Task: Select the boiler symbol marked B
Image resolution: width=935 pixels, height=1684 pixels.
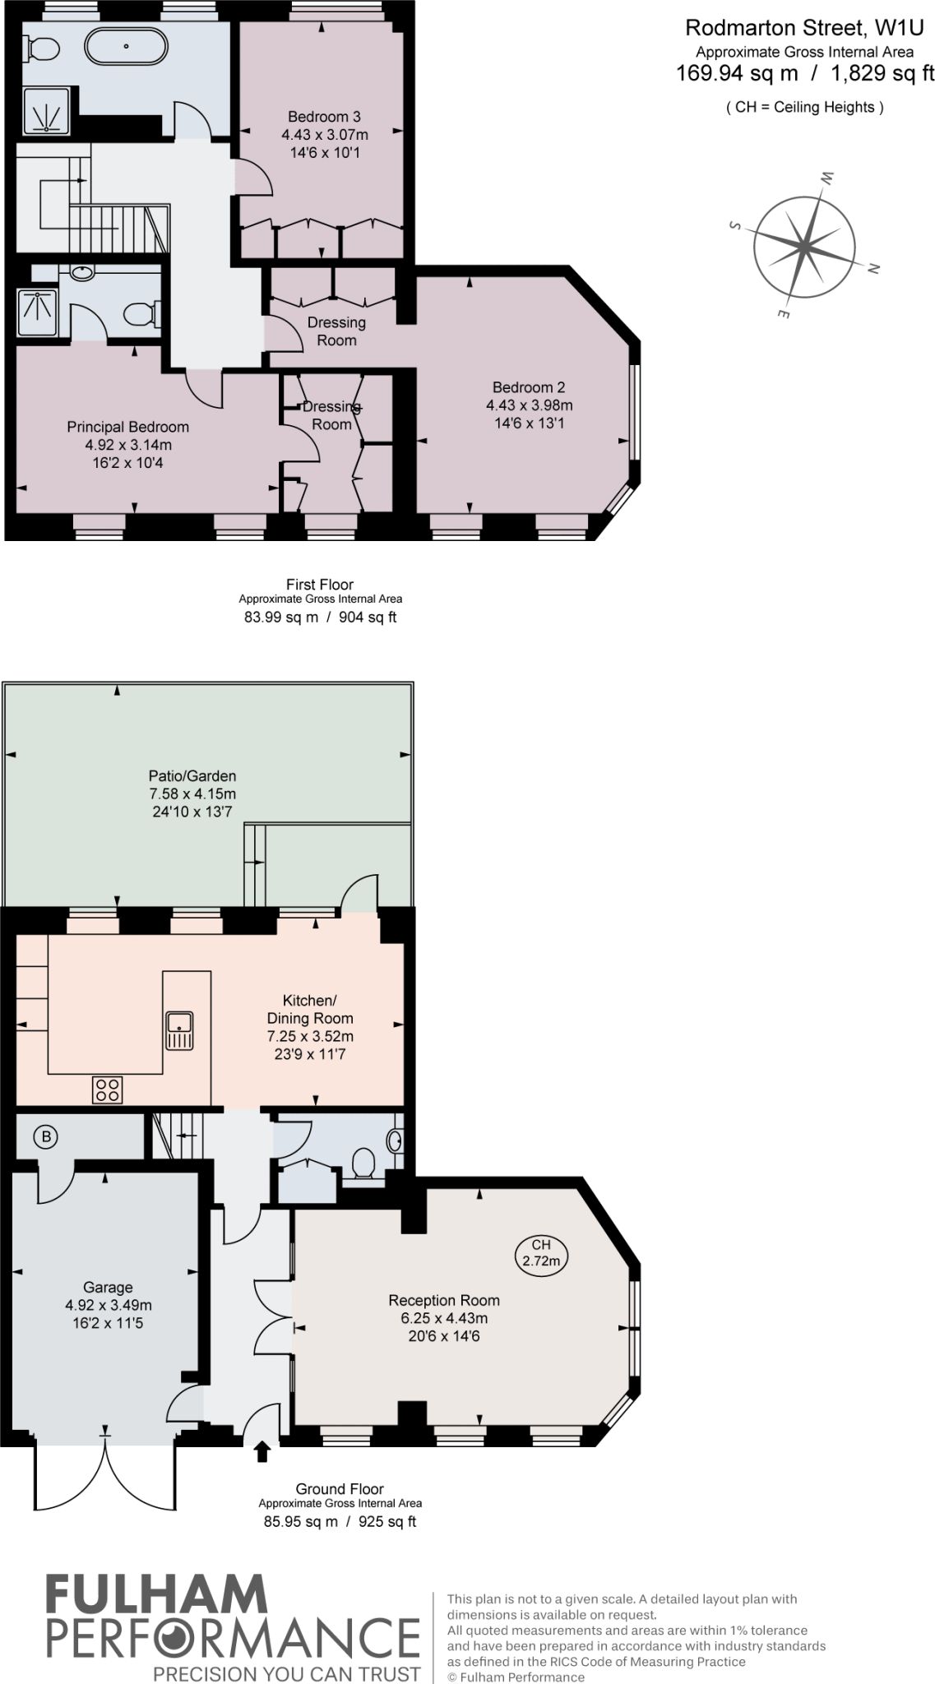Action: click(46, 1137)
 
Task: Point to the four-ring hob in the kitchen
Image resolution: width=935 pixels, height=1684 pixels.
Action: click(108, 1090)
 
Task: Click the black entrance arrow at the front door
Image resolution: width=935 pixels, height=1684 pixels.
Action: click(262, 1451)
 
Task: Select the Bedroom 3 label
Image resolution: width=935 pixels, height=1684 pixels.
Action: click(324, 117)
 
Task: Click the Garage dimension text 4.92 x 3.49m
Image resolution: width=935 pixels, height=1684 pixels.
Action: click(108, 1305)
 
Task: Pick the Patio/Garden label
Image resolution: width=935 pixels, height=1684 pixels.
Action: click(192, 775)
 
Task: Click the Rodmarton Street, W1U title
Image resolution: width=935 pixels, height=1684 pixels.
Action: click(804, 28)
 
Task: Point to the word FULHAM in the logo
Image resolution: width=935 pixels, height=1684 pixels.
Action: click(156, 1594)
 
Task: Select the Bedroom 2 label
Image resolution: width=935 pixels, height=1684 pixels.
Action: click(529, 387)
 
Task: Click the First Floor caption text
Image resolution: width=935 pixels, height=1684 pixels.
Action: click(320, 585)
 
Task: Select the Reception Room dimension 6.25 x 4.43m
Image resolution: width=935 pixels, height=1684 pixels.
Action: click(443, 1318)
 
